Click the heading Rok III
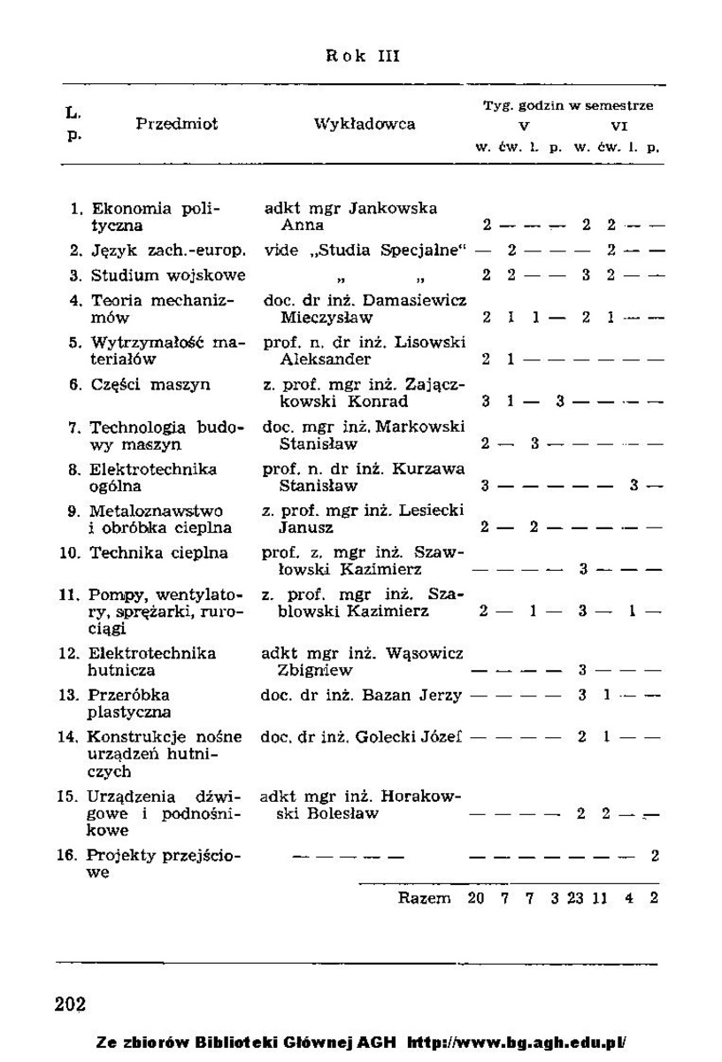363,56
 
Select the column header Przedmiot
177,125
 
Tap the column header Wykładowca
365,125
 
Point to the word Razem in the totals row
424,898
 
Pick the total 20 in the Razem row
476,898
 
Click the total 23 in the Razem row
575,898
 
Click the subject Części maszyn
150,385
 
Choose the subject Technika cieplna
159,553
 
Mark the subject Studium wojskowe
168,275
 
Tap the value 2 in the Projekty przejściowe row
655,856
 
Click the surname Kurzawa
432,469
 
